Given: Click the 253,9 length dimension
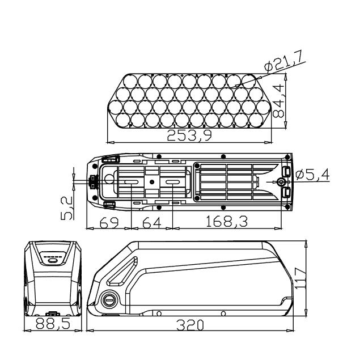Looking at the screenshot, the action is coord(189,135).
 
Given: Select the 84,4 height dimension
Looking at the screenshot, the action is coord(278,101).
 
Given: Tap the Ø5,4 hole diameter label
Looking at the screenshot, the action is coord(312,175).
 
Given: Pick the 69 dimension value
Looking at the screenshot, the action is coord(109,222).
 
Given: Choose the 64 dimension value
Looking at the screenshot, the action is coord(152,222).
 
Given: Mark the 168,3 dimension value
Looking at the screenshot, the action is coord(227,221).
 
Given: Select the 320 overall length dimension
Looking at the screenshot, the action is coord(190,325).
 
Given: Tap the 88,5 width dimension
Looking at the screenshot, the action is coord(53,324).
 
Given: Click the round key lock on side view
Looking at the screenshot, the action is coord(109,299).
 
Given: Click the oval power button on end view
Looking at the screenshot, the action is coord(52,260).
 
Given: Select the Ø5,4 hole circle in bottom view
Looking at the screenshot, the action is coord(281,182).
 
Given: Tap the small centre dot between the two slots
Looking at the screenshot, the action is coord(152,182).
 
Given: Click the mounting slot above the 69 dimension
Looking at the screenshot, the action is coord(131,182).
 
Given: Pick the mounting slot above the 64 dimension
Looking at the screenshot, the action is coord(173,182).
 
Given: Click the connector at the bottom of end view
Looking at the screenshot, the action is coord(53,314).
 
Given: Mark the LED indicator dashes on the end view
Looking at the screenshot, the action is coord(53,257).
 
